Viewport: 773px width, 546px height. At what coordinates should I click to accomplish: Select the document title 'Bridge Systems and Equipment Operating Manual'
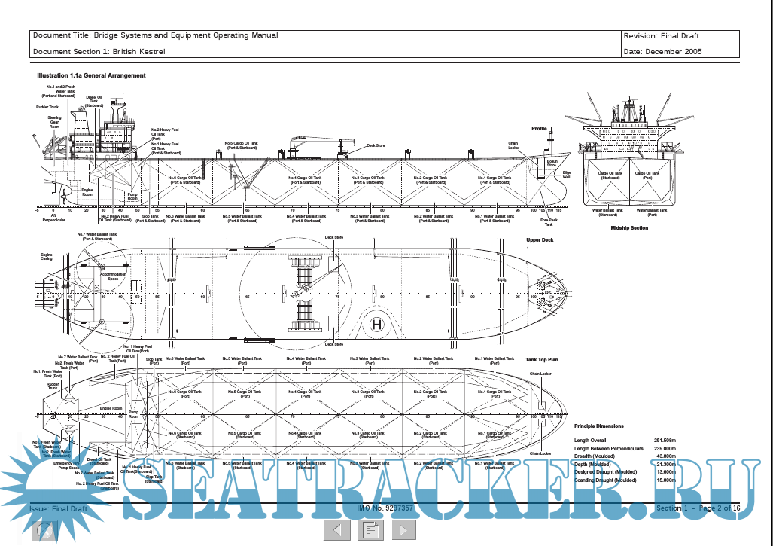(156, 35)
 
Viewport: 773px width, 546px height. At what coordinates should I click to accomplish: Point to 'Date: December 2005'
(662, 51)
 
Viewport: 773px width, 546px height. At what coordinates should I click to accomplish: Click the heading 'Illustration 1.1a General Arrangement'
(91, 75)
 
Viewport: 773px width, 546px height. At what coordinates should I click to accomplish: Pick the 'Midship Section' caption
(629, 227)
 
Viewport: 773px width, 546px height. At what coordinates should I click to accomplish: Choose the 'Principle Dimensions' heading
(598, 426)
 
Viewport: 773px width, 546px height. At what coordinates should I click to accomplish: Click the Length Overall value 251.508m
(665, 440)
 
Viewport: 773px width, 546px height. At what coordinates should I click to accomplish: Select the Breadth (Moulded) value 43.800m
(666, 456)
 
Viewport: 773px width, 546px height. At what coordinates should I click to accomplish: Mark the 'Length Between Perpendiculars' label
(608, 448)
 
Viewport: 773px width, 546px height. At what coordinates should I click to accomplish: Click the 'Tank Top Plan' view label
(541, 360)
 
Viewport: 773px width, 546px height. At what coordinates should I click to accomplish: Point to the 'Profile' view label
(539, 129)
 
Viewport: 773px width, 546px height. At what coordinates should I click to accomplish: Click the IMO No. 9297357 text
(385, 508)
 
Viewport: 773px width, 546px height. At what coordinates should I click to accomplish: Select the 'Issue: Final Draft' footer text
(58, 509)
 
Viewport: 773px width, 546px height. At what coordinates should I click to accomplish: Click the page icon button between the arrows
(370, 530)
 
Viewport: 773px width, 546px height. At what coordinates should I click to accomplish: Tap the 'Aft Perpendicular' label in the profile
(55, 217)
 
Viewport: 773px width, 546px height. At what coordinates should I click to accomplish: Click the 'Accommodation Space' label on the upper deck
(113, 276)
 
